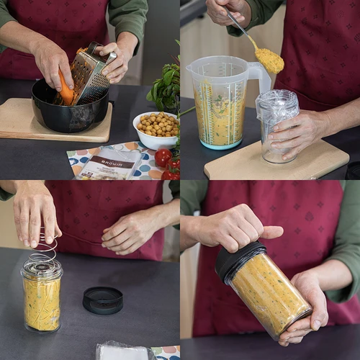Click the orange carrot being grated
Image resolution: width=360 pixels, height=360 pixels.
[66, 91]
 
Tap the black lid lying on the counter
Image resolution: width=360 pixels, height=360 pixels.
[103, 300]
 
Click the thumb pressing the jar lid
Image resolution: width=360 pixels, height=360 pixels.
[269, 232]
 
